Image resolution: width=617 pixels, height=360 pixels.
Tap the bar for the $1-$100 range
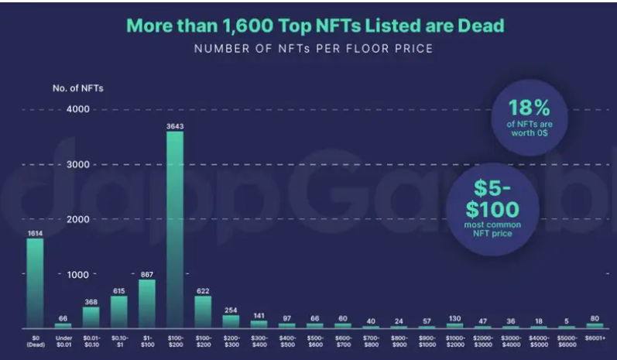pos(147,303)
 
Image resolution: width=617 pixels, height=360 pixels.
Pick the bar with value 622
pos(203,310)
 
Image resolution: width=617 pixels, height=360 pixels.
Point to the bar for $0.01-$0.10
pos(91,317)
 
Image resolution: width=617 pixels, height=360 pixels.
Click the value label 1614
pos(36,232)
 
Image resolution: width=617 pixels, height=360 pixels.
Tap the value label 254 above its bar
pos(231,310)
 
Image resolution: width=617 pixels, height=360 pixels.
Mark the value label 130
pos(454,317)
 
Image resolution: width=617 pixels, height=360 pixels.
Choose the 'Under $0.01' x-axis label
pos(63,341)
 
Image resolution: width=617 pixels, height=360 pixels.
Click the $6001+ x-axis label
pos(594,338)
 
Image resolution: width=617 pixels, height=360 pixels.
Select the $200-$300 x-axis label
pos(231,341)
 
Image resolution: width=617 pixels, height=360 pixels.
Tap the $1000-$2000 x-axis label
pos(454,341)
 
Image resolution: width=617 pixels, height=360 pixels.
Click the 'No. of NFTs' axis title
pos(78,87)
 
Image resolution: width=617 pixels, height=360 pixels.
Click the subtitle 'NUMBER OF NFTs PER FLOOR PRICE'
pos(313,49)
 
